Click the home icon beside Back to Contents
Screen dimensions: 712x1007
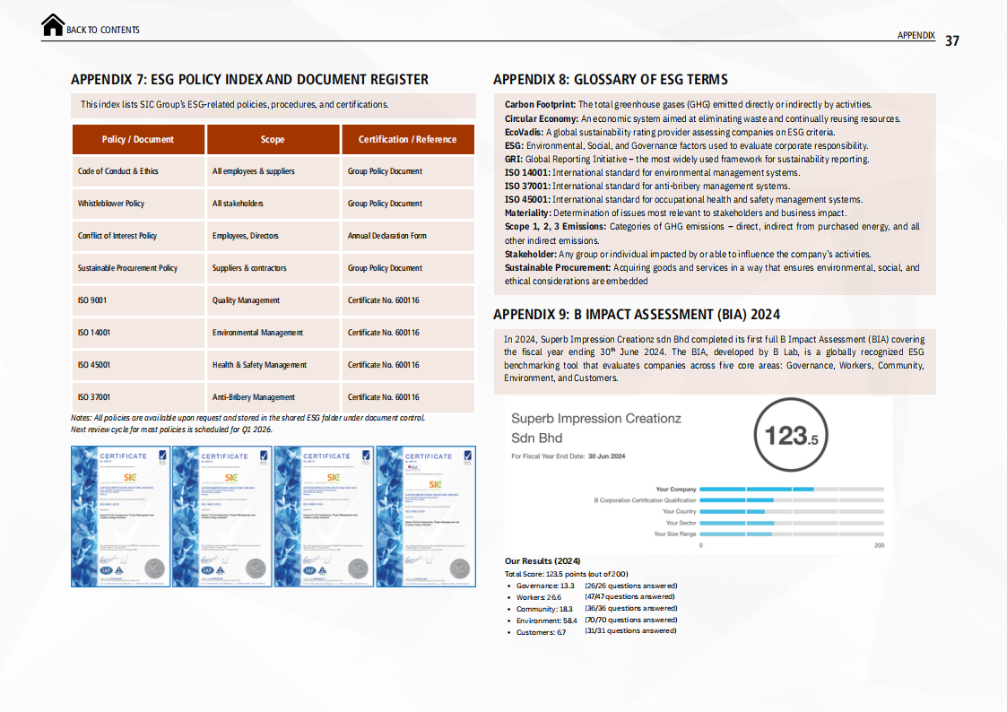53,25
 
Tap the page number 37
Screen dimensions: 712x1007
952,40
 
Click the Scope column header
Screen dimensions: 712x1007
273,139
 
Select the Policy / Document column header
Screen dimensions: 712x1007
138,139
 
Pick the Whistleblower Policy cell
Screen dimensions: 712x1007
111,204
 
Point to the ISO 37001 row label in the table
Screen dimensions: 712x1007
94,397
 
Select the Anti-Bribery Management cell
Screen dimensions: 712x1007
254,397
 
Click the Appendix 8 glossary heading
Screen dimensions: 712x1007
610,80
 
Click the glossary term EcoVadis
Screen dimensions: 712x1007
523,132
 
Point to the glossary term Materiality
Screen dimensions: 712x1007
527,213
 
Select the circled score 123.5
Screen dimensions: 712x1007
786,437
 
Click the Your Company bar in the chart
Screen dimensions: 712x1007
756,489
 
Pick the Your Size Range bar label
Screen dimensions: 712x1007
674,534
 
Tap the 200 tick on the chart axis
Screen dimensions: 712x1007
879,546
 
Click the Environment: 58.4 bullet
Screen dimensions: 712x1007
547,620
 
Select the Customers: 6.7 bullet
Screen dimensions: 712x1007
541,632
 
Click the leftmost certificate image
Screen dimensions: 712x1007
121,517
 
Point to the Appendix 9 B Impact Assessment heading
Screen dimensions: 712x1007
636,315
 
